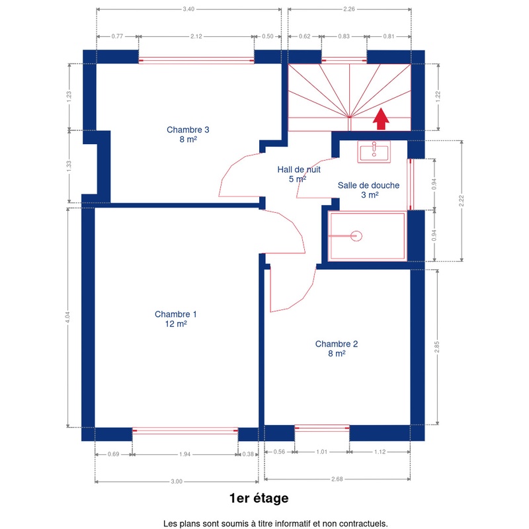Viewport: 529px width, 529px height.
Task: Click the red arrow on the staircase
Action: coord(381,118)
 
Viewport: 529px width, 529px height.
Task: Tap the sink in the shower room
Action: coord(374,152)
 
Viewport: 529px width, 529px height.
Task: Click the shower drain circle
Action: coord(356,236)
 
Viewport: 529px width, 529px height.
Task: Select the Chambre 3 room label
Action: coord(188,134)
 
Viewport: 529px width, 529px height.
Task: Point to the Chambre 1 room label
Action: coord(176,319)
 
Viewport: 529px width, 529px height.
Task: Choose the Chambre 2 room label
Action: coord(337,348)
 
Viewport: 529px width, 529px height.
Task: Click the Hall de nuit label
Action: coord(299,174)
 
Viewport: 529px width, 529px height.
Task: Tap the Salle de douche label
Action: coord(368,190)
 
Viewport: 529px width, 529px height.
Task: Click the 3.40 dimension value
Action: coord(188,9)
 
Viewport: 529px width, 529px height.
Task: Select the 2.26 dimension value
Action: coord(349,9)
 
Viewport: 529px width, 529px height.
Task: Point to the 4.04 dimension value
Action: coord(68,317)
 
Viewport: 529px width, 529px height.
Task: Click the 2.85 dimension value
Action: coord(437,347)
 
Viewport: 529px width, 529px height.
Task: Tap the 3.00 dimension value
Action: coord(177,481)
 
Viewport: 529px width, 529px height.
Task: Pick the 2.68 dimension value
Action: coord(337,479)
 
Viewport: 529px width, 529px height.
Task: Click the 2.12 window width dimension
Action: coord(196,36)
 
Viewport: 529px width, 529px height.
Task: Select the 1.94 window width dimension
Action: coord(185,454)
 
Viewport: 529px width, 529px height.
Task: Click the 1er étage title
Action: coord(259,499)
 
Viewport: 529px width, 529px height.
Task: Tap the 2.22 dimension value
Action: coord(462,201)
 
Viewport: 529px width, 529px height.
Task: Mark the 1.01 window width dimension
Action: coord(322,452)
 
